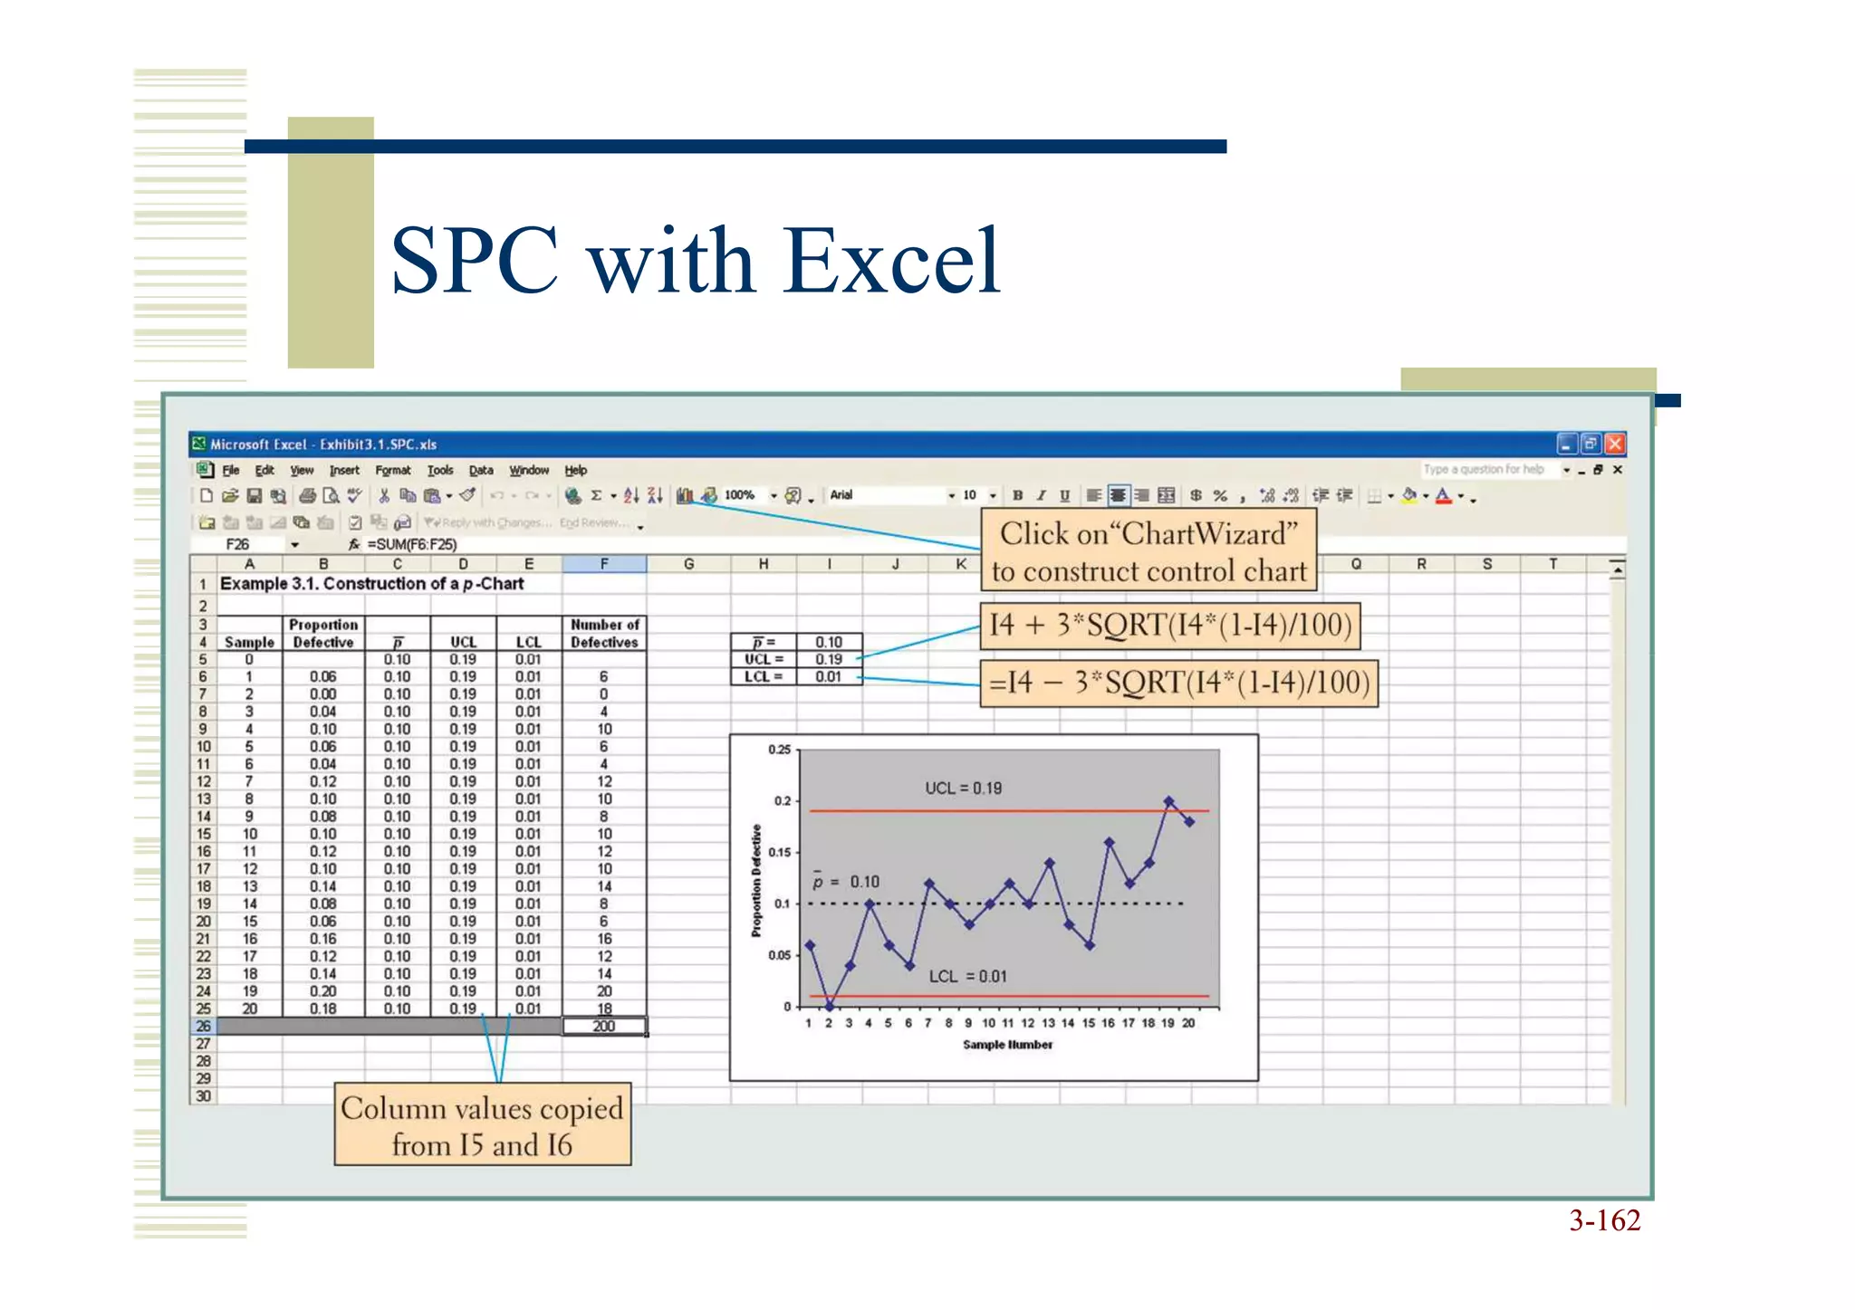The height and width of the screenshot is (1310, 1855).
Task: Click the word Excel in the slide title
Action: tap(891, 262)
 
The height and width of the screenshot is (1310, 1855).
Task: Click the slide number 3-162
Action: tap(1604, 1220)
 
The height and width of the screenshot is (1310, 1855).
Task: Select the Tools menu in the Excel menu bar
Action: tap(440, 470)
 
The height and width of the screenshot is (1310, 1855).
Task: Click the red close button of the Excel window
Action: tap(1615, 444)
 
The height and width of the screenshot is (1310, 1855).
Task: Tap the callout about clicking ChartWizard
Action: tap(1149, 551)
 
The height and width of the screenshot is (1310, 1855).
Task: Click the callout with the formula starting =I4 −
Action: tap(1178, 683)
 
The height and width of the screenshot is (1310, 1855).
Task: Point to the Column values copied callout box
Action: tap(482, 1125)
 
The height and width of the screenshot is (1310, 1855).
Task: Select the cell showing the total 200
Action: tap(604, 1027)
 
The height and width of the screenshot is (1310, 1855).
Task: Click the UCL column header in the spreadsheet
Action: tap(463, 642)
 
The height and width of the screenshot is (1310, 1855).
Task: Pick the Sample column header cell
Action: tap(249, 642)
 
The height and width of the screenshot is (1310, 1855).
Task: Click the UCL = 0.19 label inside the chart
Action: tap(963, 789)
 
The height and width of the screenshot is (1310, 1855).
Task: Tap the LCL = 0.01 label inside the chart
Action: tap(967, 977)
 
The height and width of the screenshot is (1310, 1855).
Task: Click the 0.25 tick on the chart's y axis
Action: tap(779, 750)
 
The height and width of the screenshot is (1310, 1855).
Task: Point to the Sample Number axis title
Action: tap(1007, 1045)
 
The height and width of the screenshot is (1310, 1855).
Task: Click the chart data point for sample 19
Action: tap(1169, 801)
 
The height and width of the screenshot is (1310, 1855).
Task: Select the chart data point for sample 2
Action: tap(830, 1006)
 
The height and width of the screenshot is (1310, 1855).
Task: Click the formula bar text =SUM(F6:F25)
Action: tap(412, 544)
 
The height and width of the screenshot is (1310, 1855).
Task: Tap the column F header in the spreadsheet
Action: tap(604, 564)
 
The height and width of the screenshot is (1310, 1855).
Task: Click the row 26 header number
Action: tap(204, 1027)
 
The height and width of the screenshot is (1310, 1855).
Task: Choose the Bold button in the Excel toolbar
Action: tap(1018, 495)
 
